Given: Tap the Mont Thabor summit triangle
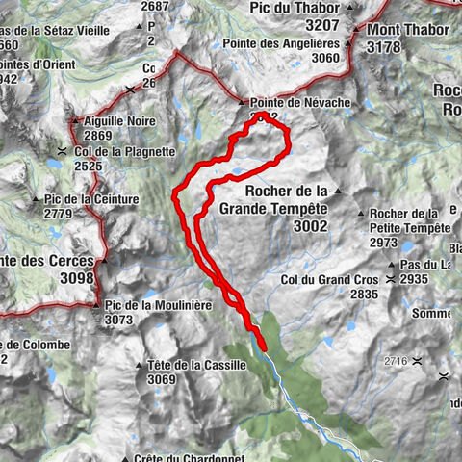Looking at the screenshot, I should click(x=358, y=30).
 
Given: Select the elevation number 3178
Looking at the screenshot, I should click(x=389, y=46).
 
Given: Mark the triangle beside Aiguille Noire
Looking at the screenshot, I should click(x=74, y=121).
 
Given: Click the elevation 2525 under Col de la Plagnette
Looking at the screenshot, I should click(x=88, y=167).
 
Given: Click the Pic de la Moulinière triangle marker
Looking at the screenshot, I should click(x=96, y=306).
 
